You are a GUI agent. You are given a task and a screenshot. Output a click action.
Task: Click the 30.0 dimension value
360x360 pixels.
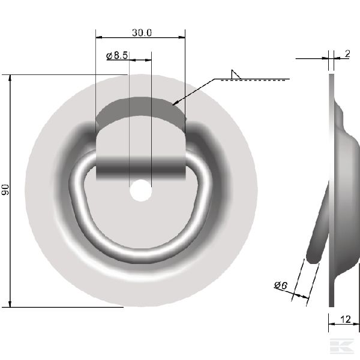click(142, 33)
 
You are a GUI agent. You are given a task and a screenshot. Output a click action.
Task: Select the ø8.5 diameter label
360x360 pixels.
click(117, 55)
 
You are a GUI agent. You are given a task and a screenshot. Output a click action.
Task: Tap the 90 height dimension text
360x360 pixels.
click(5, 190)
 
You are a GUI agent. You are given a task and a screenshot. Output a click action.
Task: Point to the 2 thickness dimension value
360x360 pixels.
click(347, 54)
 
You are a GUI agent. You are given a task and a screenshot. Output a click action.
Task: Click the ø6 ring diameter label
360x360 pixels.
click(281, 286)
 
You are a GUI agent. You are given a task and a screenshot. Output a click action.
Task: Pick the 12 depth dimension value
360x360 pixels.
click(346, 319)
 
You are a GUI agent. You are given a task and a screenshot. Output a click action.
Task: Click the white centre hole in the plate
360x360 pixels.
click(141, 191)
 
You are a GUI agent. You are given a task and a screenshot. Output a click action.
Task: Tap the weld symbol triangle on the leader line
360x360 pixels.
click(236, 74)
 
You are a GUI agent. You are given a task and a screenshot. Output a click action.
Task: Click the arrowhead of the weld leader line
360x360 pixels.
click(176, 103)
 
